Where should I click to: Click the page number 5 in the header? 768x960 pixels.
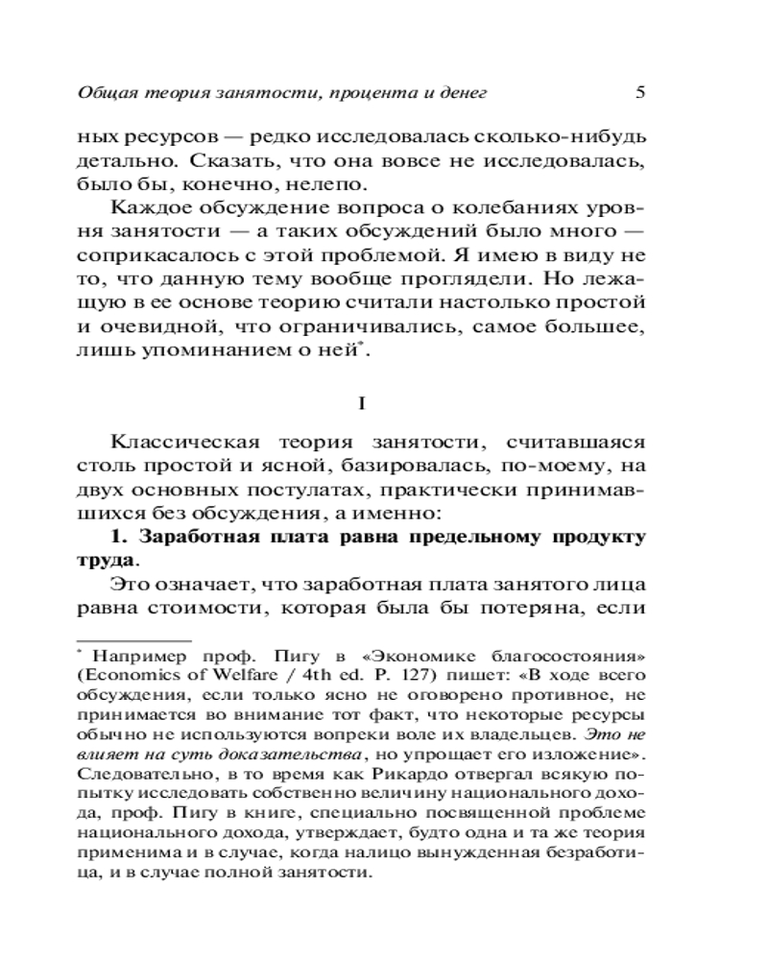642,93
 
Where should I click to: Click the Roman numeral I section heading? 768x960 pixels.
361,404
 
